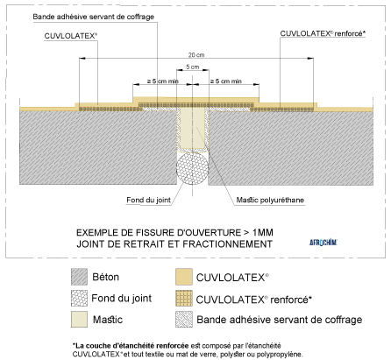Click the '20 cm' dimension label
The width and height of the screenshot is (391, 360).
tap(191, 53)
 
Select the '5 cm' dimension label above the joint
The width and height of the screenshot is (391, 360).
tap(191, 67)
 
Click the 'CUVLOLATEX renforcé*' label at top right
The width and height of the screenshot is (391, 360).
tap(322, 33)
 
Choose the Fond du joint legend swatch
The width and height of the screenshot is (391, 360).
tap(80, 300)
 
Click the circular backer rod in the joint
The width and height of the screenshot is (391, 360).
tap(191, 166)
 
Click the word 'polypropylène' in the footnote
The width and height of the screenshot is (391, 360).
tap(277, 354)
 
